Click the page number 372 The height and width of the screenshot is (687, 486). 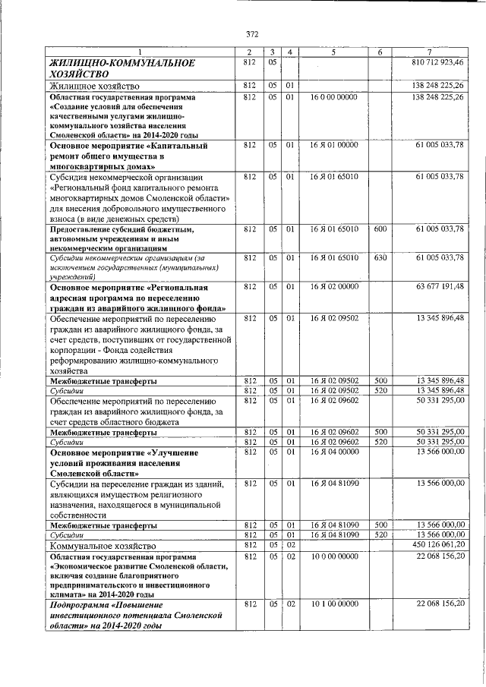click(253, 33)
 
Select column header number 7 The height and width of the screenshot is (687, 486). click(429, 51)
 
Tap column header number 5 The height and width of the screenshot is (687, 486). click(333, 51)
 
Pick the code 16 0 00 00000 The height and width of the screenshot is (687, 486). click(334, 97)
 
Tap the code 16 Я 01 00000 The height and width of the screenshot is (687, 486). click(334, 144)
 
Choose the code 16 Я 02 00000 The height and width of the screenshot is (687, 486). click(334, 286)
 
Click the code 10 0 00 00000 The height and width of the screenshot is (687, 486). click(334, 556)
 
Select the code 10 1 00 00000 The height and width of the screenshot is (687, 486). click(334, 603)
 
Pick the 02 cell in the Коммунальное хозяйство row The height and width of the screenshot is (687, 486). click(290, 545)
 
